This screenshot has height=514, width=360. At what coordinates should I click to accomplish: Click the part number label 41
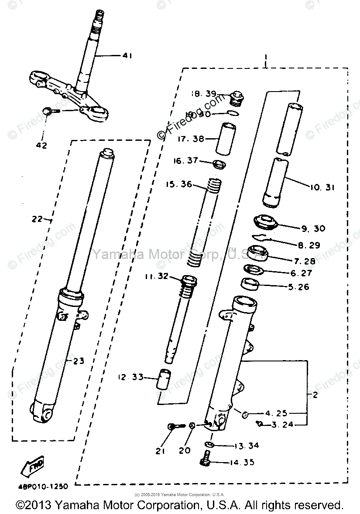click(x=127, y=56)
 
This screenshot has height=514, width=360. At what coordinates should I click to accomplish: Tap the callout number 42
click(x=42, y=145)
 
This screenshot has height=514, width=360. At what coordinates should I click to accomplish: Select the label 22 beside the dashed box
click(x=38, y=219)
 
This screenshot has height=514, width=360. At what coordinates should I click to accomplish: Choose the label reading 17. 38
click(x=191, y=140)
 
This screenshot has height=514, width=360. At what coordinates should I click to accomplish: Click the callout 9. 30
click(x=313, y=228)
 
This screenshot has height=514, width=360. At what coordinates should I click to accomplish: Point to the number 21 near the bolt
click(x=161, y=451)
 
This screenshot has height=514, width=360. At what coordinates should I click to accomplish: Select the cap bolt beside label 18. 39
click(x=236, y=98)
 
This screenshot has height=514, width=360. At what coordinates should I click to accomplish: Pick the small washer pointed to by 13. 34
click(x=209, y=444)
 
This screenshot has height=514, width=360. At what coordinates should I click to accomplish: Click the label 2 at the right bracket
click(x=315, y=395)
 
